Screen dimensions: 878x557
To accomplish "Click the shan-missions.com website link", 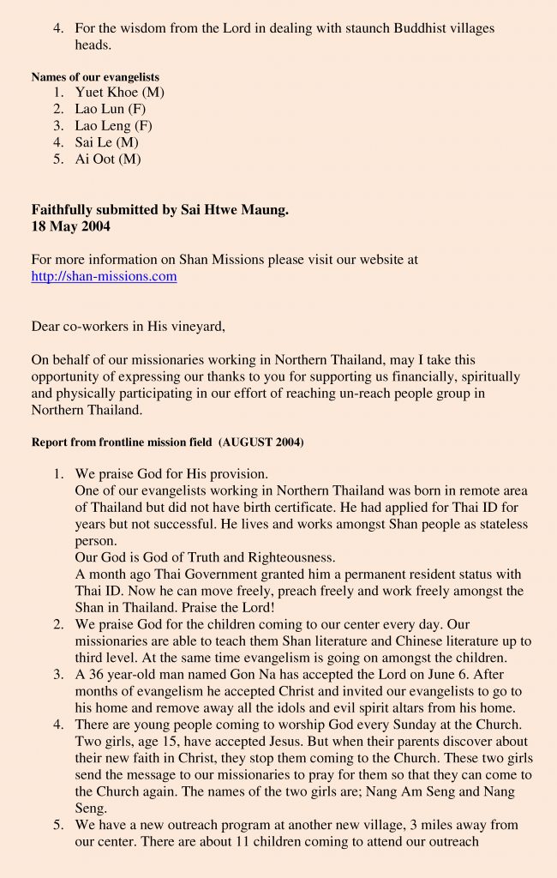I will [x=104, y=276].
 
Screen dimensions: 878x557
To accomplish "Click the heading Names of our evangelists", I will [x=95, y=77].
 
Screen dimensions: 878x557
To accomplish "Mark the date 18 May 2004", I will [x=71, y=226].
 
